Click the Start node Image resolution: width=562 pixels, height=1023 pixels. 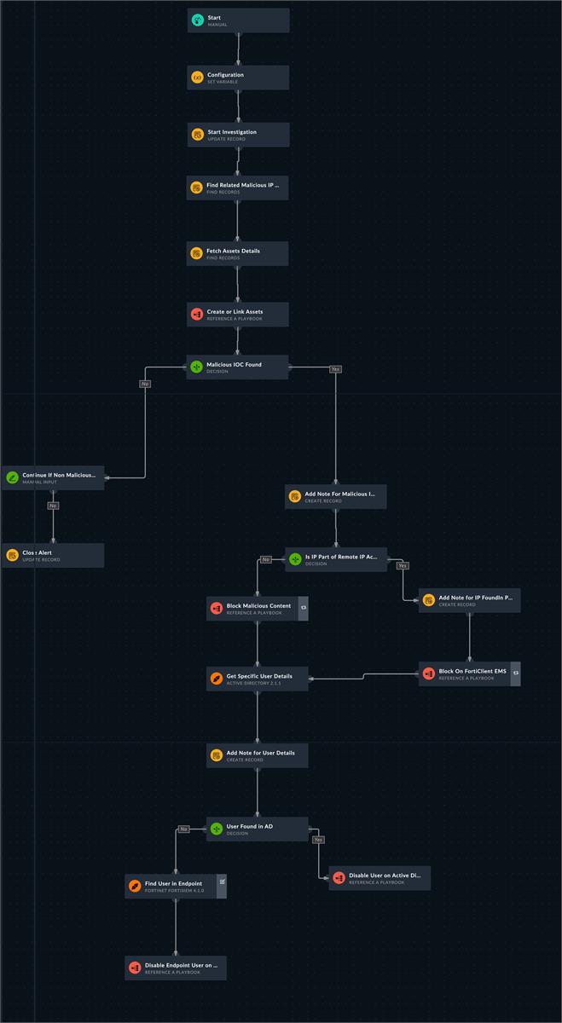click(238, 20)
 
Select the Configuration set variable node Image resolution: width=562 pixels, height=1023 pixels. click(238, 78)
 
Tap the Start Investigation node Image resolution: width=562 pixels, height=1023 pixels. click(238, 135)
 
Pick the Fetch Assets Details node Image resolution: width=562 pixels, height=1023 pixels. click(238, 253)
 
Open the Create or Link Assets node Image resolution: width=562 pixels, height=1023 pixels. click(238, 315)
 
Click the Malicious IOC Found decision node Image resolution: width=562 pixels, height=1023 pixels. click(238, 367)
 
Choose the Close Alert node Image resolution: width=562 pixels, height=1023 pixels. click(53, 556)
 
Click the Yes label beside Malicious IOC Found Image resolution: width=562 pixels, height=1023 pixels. click(335, 369)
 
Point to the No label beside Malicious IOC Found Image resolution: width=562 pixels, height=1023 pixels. click(145, 384)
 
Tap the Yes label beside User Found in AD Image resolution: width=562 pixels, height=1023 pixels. click(318, 840)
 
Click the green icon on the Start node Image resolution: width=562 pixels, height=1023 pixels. click(198, 20)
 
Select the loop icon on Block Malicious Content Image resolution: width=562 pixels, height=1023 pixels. click(303, 609)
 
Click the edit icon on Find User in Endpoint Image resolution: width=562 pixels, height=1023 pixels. click(222, 881)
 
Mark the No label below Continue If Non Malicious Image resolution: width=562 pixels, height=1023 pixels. click(53, 506)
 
